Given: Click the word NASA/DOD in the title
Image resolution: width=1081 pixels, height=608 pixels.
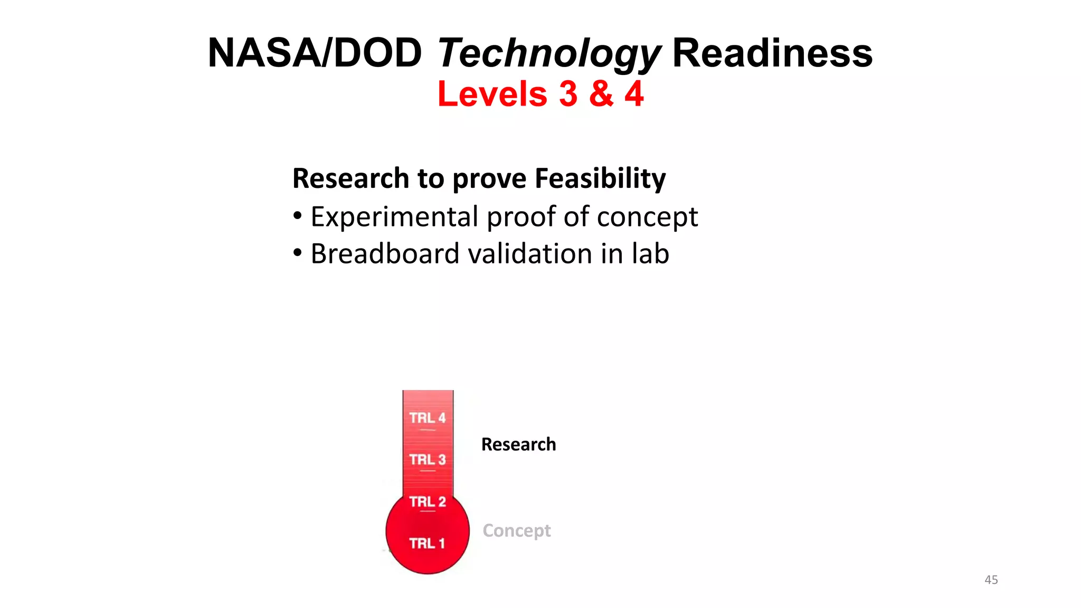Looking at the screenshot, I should (315, 53).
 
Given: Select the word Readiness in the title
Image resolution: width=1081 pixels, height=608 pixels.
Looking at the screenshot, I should (772, 53).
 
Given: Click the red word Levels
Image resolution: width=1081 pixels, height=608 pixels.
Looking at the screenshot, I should (492, 94).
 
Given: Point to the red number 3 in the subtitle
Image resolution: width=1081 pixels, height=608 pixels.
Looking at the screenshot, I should (568, 94).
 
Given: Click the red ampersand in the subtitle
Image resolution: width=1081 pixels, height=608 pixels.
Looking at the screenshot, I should (602, 94).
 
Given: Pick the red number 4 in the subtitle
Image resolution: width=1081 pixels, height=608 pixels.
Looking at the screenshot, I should (634, 94).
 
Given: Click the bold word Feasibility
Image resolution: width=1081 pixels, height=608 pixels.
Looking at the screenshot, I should (600, 178).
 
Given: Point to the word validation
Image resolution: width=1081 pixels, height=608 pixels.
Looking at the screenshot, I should (530, 254).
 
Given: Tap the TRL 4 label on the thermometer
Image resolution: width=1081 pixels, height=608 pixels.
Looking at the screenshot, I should (428, 418).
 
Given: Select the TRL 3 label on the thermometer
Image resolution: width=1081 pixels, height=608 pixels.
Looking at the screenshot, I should (428, 460).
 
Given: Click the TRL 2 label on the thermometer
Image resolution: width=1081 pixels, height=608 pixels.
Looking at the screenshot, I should (428, 501).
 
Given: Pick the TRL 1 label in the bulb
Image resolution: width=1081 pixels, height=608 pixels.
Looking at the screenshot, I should (428, 543).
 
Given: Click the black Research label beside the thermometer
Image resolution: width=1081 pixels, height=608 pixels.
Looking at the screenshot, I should (518, 444).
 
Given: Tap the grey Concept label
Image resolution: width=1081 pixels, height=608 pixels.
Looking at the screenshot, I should (516, 530).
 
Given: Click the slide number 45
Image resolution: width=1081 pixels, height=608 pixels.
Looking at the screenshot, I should (991, 579).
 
